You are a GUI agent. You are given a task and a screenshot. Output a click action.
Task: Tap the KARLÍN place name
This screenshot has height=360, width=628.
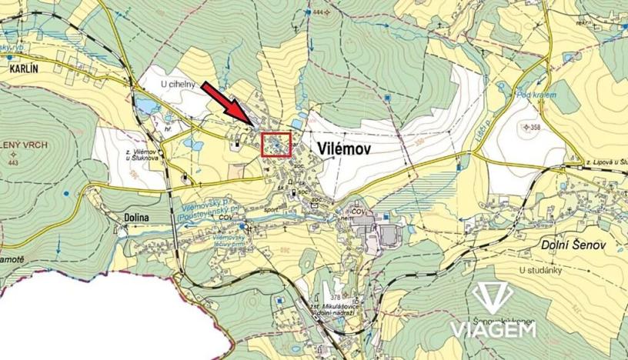pyautogui.click(x=25, y=68)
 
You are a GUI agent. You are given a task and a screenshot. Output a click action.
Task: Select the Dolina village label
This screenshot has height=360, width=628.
pyautogui.click(x=135, y=218)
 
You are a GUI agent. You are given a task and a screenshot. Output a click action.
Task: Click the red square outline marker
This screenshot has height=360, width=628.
pyautogui.click(x=276, y=145)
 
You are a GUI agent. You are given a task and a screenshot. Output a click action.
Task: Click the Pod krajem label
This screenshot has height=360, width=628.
pyautogui.click(x=536, y=95)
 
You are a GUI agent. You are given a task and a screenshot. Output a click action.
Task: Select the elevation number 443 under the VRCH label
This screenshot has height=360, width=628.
pyautogui.click(x=12, y=163)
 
